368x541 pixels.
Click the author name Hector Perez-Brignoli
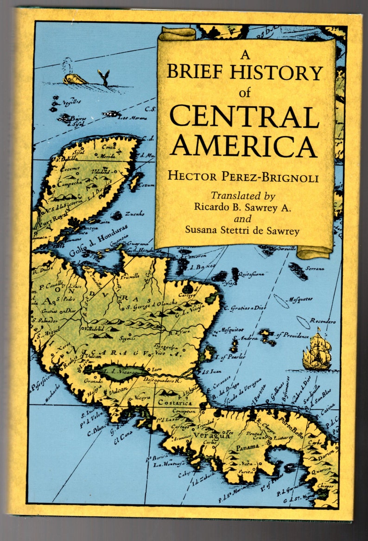click(x=243, y=177)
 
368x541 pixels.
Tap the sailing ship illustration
click(x=317, y=350)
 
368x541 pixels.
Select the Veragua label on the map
click(x=212, y=435)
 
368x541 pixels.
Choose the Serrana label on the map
click(x=315, y=268)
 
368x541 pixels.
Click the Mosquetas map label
click(x=301, y=299)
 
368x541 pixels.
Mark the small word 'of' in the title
click(x=245, y=93)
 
